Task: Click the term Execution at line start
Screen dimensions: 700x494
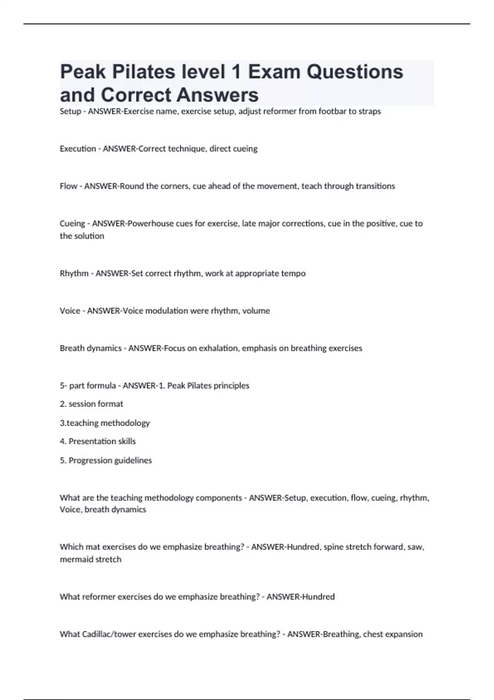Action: (77, 149)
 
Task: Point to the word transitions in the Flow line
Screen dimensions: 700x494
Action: (375, 186)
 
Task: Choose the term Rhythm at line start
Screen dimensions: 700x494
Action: (74, 273)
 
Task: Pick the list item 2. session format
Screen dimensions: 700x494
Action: (91, 404)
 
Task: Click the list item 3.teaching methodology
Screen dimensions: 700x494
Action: (105, 423)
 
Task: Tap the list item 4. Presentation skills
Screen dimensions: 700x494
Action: (98, 441)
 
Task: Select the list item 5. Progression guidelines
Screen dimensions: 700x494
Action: (106, 460)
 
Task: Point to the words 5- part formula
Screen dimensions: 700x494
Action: (88, 386)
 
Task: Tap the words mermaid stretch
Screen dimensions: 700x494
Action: (91, 560)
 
